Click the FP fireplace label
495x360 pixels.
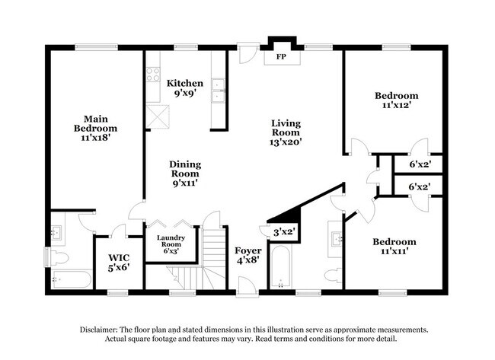281,56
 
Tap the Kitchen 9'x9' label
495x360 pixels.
185,88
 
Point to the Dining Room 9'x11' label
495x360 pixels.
184,174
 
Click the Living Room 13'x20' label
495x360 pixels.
286,132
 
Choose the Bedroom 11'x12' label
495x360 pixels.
396,101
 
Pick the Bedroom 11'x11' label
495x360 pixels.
394,247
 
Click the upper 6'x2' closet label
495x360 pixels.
420,164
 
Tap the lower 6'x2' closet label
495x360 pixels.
420,187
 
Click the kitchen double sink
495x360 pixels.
219,90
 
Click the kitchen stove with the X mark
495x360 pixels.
160,115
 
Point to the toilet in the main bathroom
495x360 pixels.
61,254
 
